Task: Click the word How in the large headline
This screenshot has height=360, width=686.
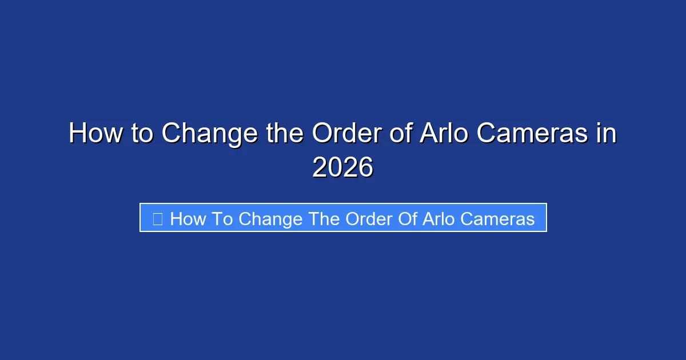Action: [x=94, y=134]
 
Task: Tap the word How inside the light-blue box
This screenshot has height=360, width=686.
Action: [x=186, y=218]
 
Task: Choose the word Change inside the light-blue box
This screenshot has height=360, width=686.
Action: [x=270, y=218]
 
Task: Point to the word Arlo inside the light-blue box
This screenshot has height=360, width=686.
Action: [x=437, y=218]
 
